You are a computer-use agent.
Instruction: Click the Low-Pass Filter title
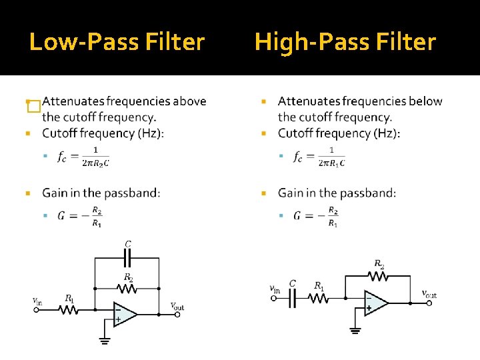point(117,43)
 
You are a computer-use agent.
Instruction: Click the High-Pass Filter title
point(345,43)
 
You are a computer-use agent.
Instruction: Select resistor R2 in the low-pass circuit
point(127,289)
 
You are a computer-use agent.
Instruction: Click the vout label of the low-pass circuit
point(177,306)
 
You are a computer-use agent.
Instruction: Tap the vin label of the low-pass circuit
point(37,301)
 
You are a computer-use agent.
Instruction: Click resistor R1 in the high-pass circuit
point(319,298)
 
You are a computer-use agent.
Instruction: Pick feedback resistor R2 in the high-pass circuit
point(379,275)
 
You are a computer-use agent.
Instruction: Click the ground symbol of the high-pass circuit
point(355,329)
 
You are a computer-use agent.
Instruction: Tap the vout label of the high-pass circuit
point(429,293)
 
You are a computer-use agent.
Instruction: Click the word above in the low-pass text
point(189,101)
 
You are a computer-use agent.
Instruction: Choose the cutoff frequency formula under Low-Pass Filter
point(83,156)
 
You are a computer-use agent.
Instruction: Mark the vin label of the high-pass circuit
point(274,289)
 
